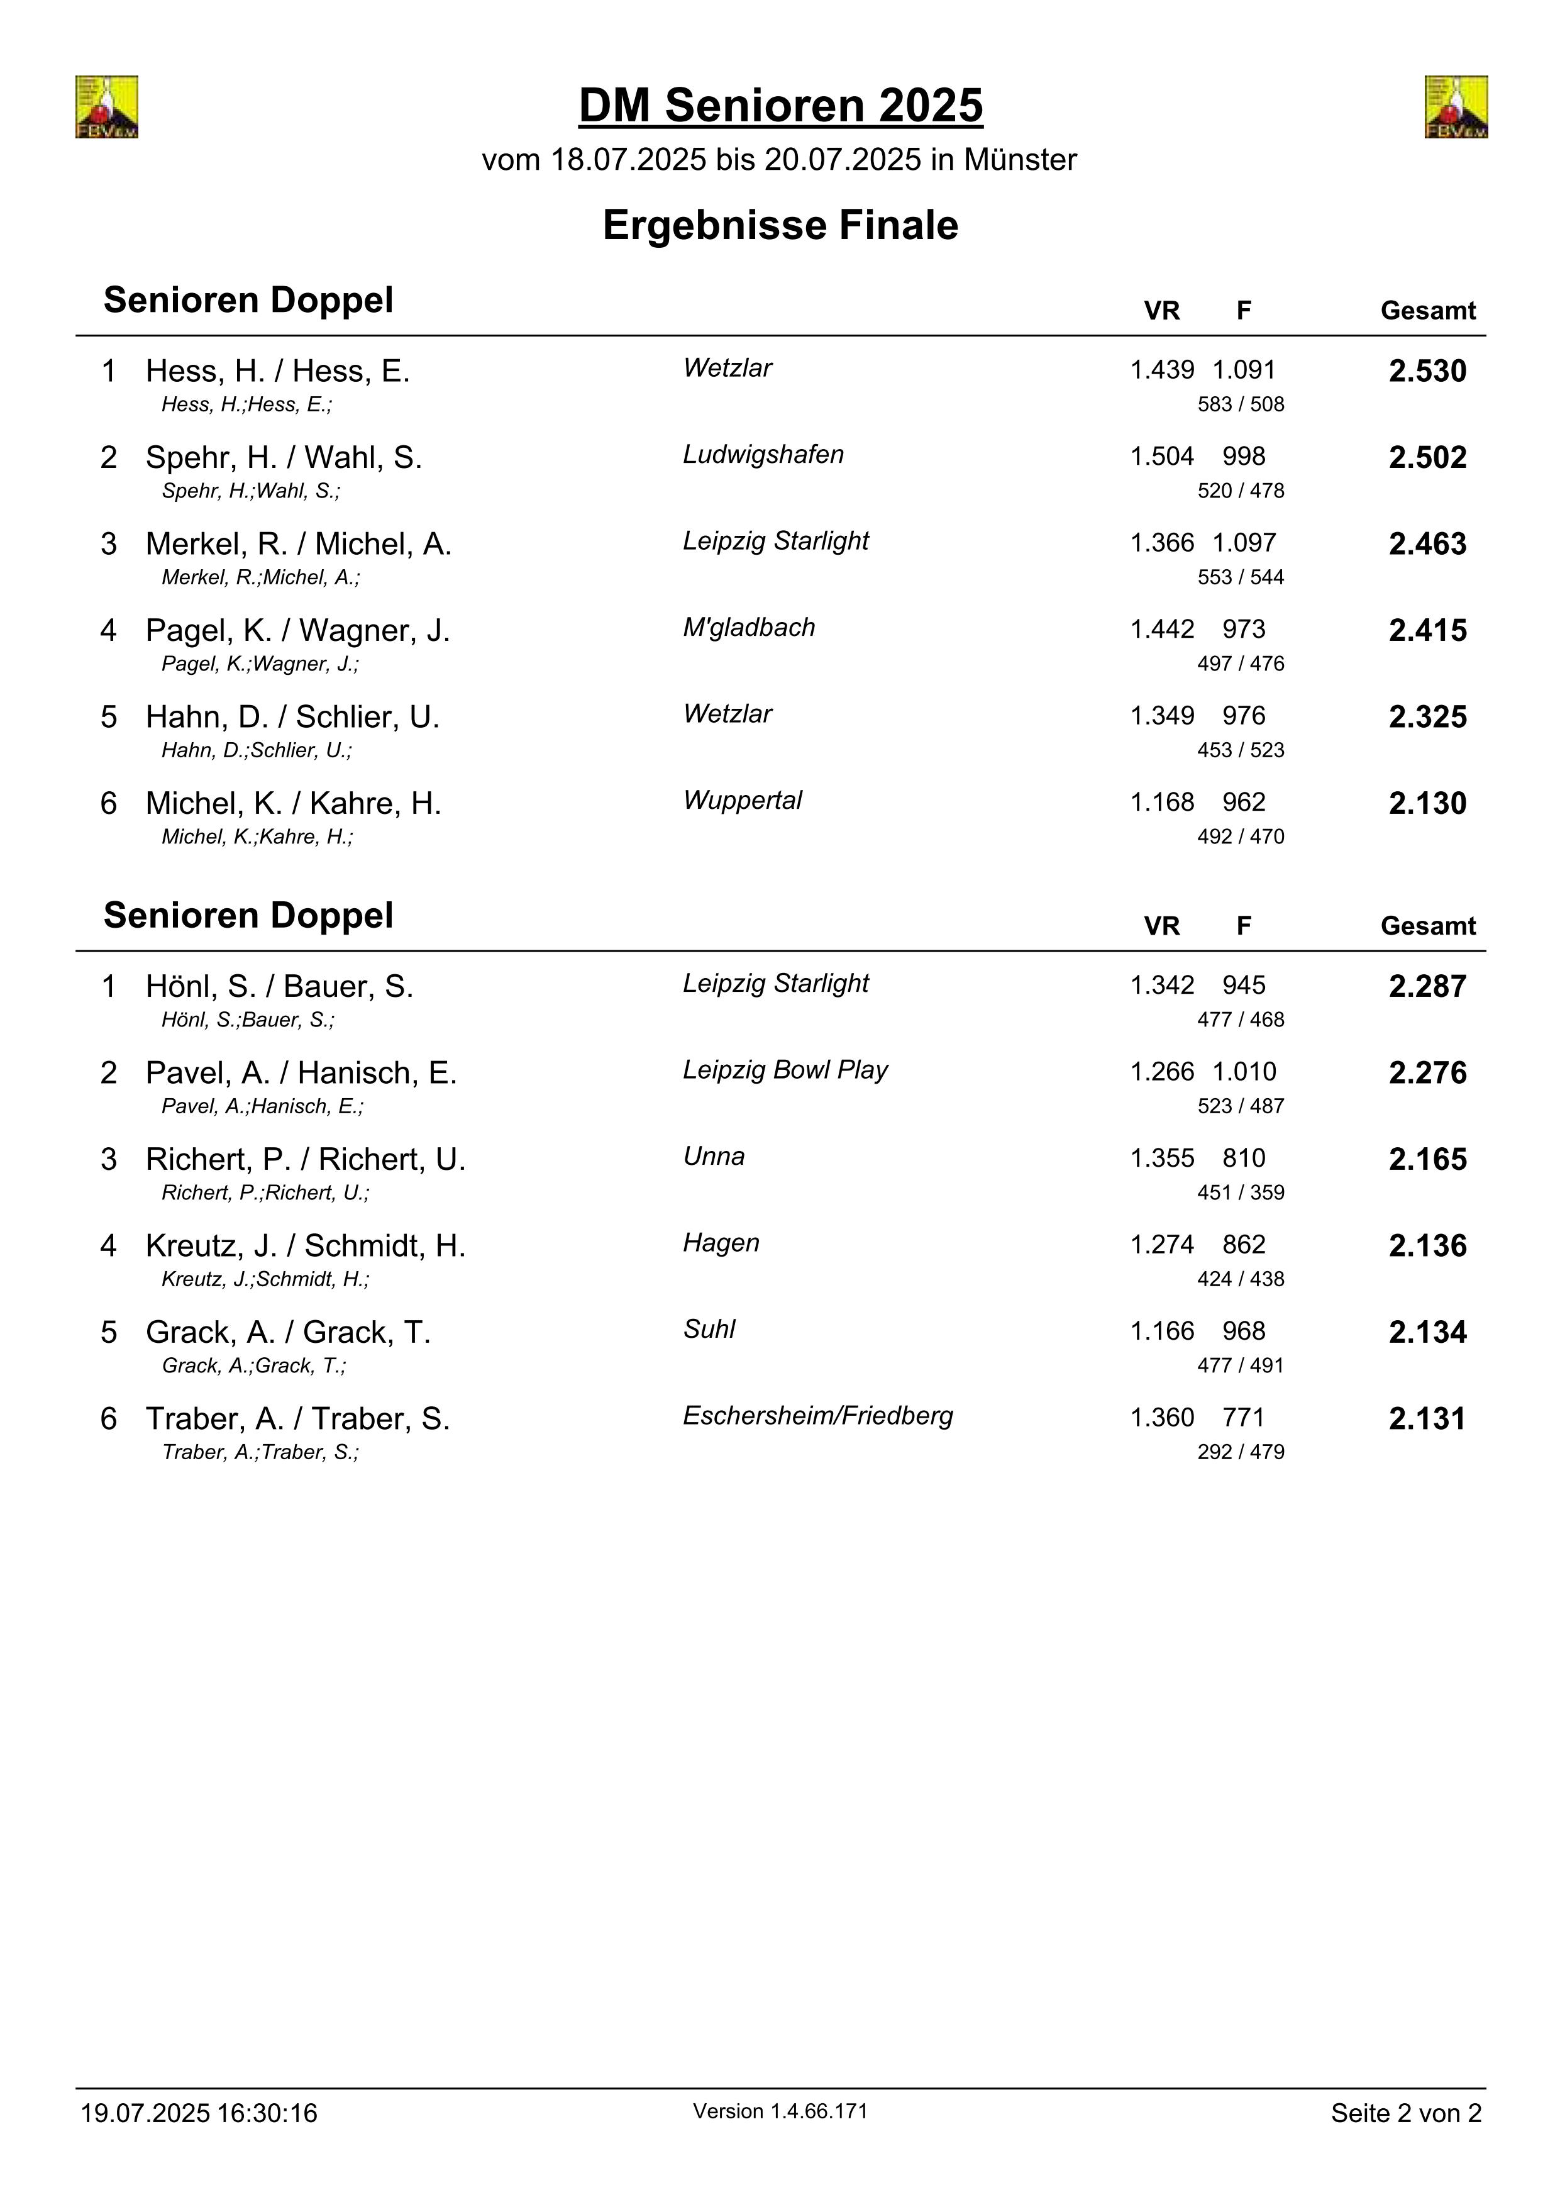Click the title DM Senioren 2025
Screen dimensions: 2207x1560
click(780, 106)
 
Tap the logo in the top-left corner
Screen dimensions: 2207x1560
click(107, 107)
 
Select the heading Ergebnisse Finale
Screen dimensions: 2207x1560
click(780, 226)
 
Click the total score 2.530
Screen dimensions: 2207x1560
click(1427, 371)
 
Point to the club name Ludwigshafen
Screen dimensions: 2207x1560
click(763, 455)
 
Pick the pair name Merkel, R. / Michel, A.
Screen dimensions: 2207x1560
click(298, 544)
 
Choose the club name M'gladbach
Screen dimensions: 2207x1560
click(749, 628)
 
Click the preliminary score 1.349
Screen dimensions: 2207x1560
click(1162, 716)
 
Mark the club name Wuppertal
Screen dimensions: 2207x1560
click(742, 801)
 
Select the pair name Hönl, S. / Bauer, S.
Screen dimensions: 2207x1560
click(279, 986)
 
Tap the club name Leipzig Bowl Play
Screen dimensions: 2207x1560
click(785, 1070)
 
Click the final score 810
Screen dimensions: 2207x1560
click(1244, 1159)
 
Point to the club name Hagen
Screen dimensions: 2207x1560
click(721, 1243)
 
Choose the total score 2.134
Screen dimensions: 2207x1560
click(1427, 1332)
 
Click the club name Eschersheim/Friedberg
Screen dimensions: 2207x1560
click(818, 1416)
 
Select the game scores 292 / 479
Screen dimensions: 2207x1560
click(1240, 1452)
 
